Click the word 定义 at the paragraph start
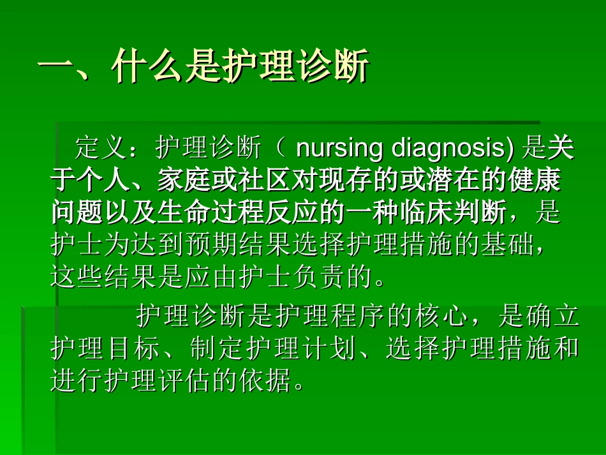101,149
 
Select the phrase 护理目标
104,348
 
